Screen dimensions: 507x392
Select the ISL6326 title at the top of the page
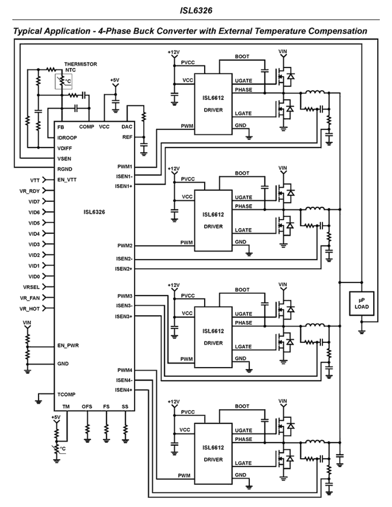196,11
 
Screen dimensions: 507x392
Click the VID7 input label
34,202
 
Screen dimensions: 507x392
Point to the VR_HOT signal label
30,309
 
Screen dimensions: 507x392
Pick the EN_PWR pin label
68,346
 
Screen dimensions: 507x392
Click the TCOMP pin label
66,395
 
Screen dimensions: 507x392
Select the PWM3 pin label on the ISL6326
125,296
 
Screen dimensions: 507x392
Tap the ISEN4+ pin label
124,390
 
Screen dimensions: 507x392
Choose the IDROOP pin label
67,137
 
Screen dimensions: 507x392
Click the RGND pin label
65,169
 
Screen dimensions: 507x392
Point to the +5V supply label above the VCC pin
115,80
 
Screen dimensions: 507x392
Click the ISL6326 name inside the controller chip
94,212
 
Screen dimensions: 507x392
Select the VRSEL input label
31,287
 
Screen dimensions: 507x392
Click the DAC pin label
127,127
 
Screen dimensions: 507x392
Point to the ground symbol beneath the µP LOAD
361,331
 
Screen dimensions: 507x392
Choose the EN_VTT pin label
67,180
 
